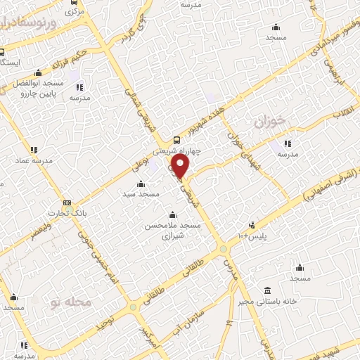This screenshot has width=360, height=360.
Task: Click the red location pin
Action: click(181, 166)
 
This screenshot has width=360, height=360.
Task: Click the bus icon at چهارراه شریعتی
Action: click(177, 139)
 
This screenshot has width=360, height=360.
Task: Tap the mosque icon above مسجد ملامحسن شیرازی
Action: click(173, 215)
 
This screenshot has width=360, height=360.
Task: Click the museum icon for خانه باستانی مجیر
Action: click(267, 291)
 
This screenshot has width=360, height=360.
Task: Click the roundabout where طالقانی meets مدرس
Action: click(223, 249)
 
